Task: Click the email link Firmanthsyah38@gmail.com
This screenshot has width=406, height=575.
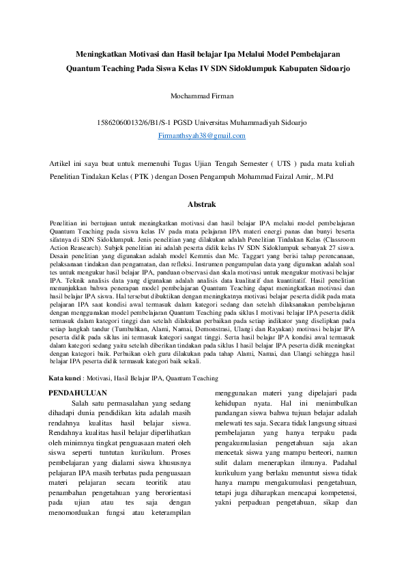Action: tap(201, 137)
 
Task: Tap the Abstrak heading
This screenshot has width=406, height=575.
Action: tap(201, 204)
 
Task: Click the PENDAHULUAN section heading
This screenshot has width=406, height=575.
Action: tap(79, 393)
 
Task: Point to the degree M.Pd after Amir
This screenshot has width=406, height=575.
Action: tap(323, 176)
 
